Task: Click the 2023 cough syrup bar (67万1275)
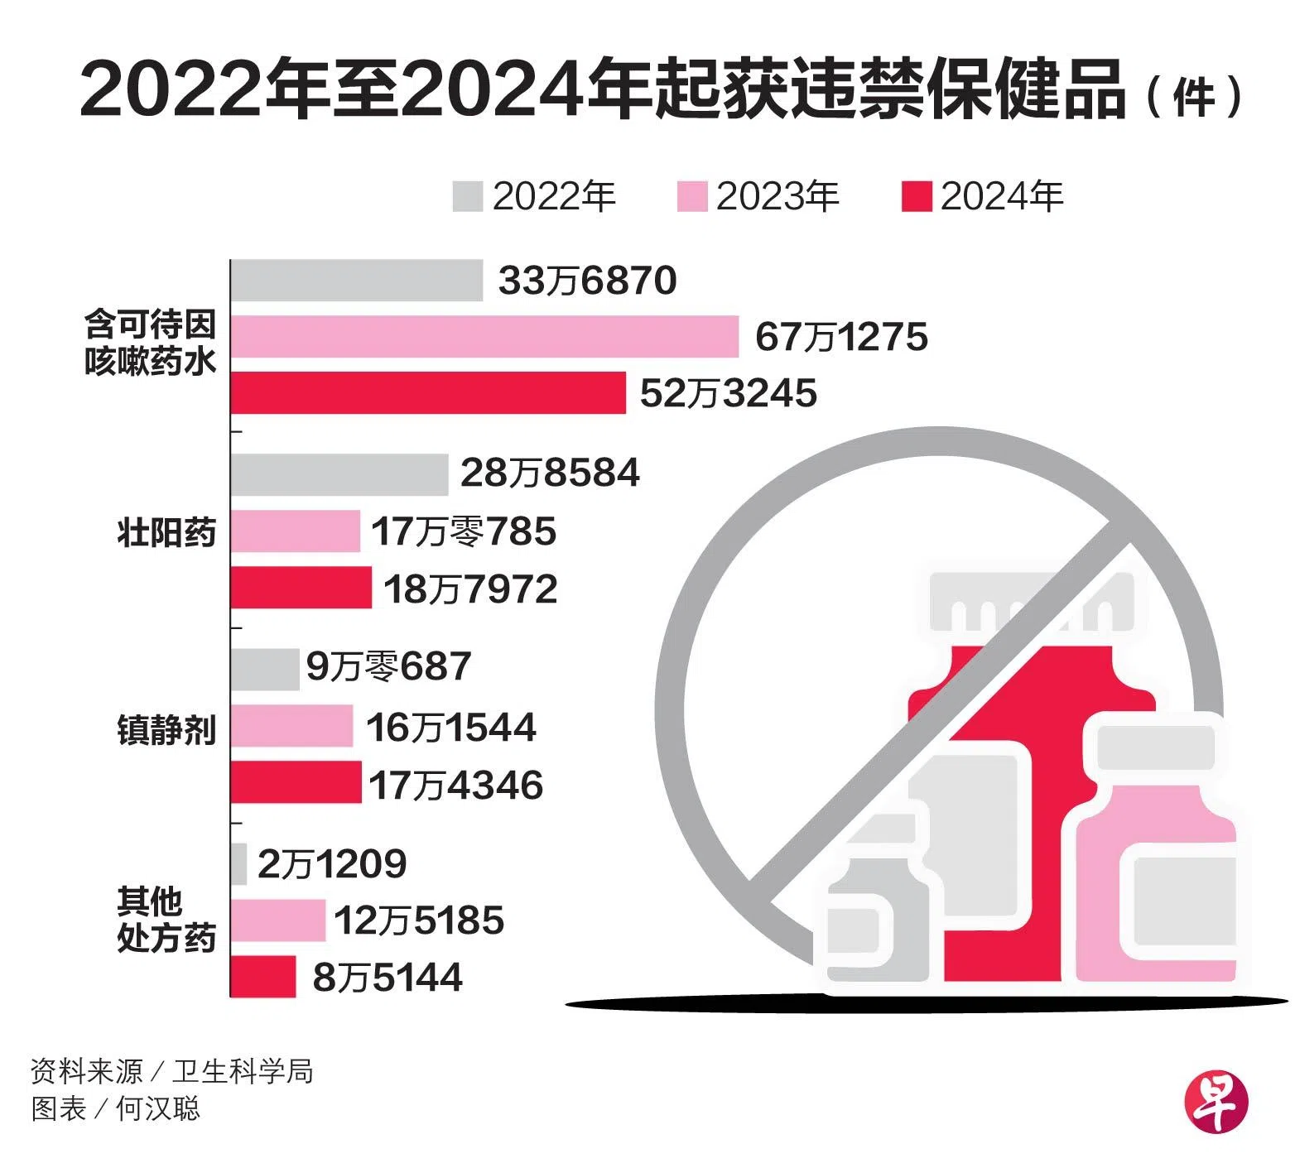484,337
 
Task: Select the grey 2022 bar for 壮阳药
339,474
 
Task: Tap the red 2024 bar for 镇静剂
296,783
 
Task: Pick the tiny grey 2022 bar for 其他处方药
238,863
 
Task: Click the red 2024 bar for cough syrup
428,392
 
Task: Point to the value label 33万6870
587,281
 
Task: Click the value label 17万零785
463,531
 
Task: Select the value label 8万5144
388,978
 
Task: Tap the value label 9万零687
388,666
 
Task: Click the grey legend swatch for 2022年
468,196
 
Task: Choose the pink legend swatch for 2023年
691,196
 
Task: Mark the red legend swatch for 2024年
917,196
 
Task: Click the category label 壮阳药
166,531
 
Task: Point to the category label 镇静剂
166,730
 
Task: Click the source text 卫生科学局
243,1072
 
